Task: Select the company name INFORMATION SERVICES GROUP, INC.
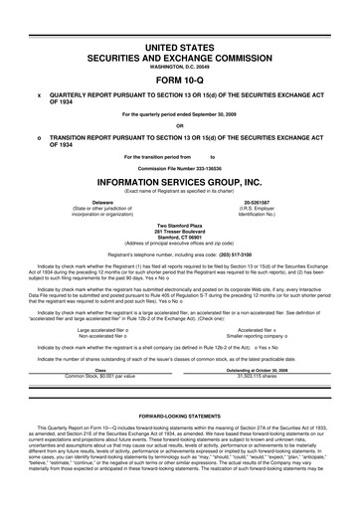click(180, 183)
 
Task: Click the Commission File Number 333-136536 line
click(180, 167)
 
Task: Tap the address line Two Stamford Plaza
click(180, 226)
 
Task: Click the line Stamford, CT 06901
click(180, 238)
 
